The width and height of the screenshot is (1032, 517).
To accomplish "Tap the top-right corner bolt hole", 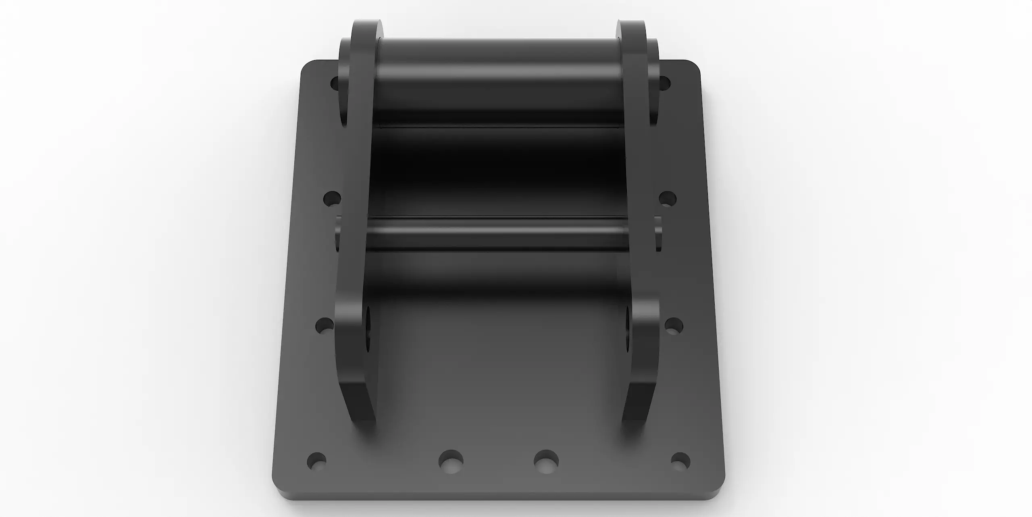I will (x=664, y=83).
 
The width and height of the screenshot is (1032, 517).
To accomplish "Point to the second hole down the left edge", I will (x=332, y=199).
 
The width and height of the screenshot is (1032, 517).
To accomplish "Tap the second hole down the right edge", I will (x=668, y=199).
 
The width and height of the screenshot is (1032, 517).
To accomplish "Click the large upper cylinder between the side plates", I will (x=500, y=81).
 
